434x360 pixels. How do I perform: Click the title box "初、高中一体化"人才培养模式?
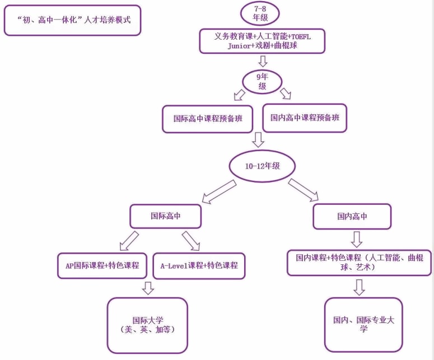tap(72, 20)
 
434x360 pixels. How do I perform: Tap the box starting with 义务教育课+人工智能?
tap(262, 41)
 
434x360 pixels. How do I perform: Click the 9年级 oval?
tap(262, 82)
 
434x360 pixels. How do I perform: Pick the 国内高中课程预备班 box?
tap(305, 118)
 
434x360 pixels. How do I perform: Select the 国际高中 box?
tap(165, 216)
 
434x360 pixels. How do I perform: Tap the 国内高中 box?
tap(352, 217)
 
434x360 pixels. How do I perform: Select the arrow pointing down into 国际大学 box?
tap(148, 288)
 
